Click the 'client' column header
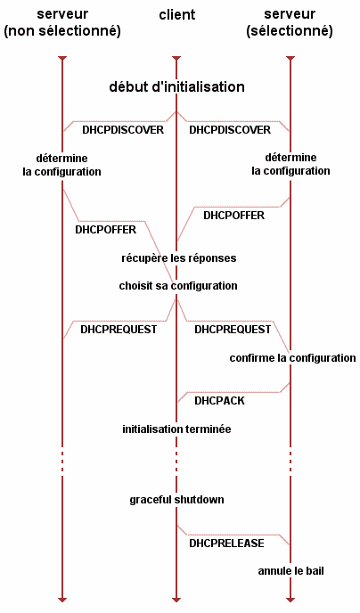point(177,15)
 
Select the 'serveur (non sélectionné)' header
point(62,22)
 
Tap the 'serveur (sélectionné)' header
point(290,22)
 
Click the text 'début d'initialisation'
point(176,86)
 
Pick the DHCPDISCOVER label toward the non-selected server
point(123,130)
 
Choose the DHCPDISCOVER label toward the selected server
point(230,130)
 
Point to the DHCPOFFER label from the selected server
point(233,216)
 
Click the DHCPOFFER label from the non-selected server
point(105,230)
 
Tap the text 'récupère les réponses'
point(178,258)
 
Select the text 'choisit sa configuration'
point(178,286)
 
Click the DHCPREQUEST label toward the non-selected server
point(119,330)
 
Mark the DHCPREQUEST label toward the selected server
point(233,330)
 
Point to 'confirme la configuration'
point(293,358)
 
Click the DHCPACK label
point(219,401)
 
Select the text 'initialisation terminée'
point(176,429)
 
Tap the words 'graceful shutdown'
point(176,500)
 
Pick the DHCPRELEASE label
point(226,544)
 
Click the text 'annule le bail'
point(290,571)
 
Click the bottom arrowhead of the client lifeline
point(176,600)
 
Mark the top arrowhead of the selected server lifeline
point(290,59)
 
